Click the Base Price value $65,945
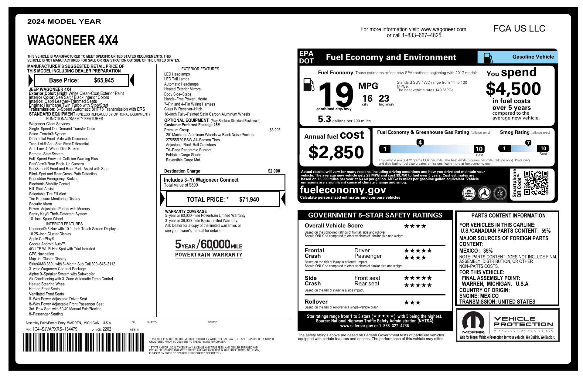104,80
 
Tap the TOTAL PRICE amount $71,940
249,200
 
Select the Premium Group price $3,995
275,130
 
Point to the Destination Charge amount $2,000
274,171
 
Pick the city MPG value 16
367,99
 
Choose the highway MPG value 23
384,99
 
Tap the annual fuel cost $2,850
336,152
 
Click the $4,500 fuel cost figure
513,89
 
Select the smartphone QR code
536,183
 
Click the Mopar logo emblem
473,322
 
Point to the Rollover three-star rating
412,302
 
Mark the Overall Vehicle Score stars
415,226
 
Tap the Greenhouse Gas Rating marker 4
420,143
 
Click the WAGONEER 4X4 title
73,40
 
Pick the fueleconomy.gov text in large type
343,190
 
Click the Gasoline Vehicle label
533,57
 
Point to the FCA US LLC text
519,29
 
